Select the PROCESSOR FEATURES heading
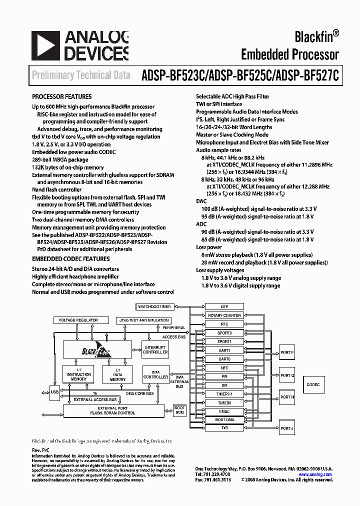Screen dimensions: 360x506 click(x=62, y=96)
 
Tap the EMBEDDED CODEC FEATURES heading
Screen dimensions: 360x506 click(x=71, y=259)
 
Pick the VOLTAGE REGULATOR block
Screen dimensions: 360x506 click(x=78, y=320)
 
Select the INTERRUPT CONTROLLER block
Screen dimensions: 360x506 click(x=155, y=349)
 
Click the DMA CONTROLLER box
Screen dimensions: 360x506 click(x=155, y=374)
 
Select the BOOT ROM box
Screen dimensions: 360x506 click(x=179, y=410)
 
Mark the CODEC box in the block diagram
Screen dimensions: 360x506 click(x=313, y=384)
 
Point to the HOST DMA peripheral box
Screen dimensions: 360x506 click(x=224, y=419)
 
